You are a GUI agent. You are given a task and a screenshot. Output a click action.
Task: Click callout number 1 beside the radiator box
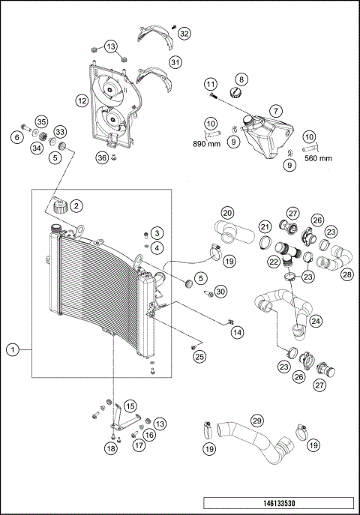pyautogui.click(x=13, y=350)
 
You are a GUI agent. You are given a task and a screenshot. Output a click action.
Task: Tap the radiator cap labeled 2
pyautogui.click(x=61, y=207)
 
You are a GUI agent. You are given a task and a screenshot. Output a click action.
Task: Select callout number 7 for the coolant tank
pyautogui.click(x=276, y=111)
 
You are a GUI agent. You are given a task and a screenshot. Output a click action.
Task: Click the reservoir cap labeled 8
pyautogui.click(x=235, y=93)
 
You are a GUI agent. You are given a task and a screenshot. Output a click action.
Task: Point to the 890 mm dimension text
pyautogui.click(x=206, y=144)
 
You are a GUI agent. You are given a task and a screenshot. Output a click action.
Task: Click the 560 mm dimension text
pyautogui.click(x=318, y=158)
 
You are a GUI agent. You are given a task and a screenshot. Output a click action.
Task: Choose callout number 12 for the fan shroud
pyautogui.click(x=82, y=100)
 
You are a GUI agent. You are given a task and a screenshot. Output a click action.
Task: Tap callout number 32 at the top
pyautogui.click(x=185, y=34)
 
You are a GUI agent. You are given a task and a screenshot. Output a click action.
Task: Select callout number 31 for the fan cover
pyautogui.click(x=175, y=62)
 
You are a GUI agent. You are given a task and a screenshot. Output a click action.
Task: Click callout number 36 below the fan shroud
pyautogui.click(x=102, y=158)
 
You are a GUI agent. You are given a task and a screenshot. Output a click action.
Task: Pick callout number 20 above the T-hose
pyautogui.click(x=227, y=213)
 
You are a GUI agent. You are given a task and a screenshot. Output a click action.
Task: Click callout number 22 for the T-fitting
pyautogui.click(x=273, y=262)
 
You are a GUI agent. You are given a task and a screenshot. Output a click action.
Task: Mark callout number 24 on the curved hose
pyautogui.click(x=316, y=321)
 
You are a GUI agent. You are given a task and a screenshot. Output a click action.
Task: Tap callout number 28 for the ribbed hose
pyautogui.click(x=347, y=274)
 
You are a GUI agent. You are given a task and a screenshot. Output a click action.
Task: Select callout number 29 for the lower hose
pyautogui.click(x=257, y=420)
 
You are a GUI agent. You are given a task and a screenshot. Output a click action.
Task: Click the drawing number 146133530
pyautogui.click(x=279, y=503)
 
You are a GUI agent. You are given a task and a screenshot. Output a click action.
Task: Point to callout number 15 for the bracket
pyautogui.click(x=130, y=406)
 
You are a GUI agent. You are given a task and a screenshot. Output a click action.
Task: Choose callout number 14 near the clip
pyautogui.click(x=237, y=332)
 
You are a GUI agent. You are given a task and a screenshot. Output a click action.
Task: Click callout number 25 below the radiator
pyautogui.click(x=199, y=357)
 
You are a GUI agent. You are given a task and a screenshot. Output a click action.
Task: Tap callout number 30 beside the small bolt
pyautogui.click(x=221, y=292)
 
